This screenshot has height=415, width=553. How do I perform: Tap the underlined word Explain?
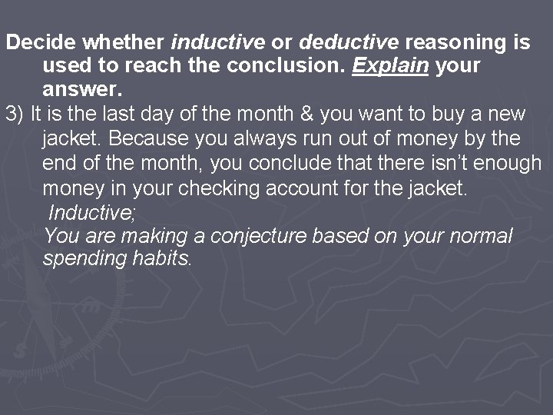coord(390,66)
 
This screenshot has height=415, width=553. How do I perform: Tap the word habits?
coord(163,259)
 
